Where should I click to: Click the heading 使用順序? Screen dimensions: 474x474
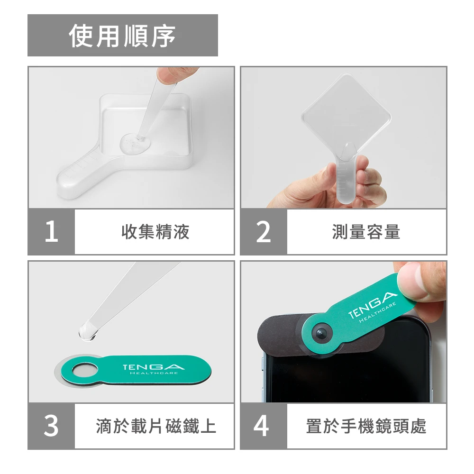pos(122,36)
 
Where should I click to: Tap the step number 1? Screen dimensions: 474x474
pos(51,231)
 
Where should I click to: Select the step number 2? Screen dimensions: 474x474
pos(263,231)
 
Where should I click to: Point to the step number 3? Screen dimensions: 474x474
pos(51,426)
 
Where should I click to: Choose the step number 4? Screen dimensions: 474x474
pos(262,426)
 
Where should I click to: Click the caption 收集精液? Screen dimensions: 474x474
pos(155,232)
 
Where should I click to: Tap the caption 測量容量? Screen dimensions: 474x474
pos(366,232)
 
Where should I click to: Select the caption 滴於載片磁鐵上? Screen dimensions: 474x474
pos(156,426)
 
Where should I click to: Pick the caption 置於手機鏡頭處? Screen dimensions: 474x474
pos(366,426)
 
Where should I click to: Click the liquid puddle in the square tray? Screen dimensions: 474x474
pos(136,143)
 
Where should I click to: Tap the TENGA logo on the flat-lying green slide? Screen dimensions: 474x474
pos(154,367)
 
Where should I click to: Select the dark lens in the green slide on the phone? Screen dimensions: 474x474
pos(321,334)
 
